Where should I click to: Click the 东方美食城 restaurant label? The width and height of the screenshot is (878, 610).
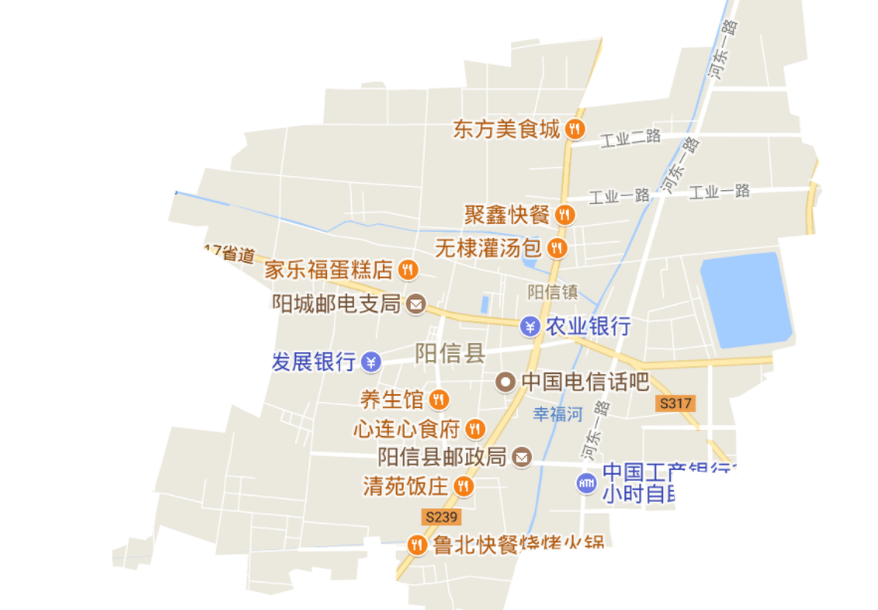click(x=506, y=129)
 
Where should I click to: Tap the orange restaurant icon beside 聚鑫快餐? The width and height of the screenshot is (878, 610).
click(x=565, y=214)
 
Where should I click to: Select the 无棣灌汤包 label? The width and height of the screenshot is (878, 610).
click(x=487, y=246)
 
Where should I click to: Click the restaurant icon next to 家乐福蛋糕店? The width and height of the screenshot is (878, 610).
click(x=407, y=270)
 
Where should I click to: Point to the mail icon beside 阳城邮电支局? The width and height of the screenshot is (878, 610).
click(x=417, y=304)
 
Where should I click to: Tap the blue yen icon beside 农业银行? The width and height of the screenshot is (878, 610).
click(x=530, y=325)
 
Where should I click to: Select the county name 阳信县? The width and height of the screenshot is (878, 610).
click(x=449, y=352)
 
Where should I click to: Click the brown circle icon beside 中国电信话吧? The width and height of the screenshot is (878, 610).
click(x=506, y=381)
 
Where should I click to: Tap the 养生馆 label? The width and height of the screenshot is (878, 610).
click(x=391, y=400)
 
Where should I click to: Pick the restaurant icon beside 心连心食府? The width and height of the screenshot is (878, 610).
click(x=475, y=429)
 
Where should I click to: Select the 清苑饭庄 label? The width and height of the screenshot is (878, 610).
click(x=406, y=486)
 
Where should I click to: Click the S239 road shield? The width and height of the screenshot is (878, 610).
click(x=440, y=516)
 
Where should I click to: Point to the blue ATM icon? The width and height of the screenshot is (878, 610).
click(x=587, y=483)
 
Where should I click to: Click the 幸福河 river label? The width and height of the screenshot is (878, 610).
click(x=557, y=414)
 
